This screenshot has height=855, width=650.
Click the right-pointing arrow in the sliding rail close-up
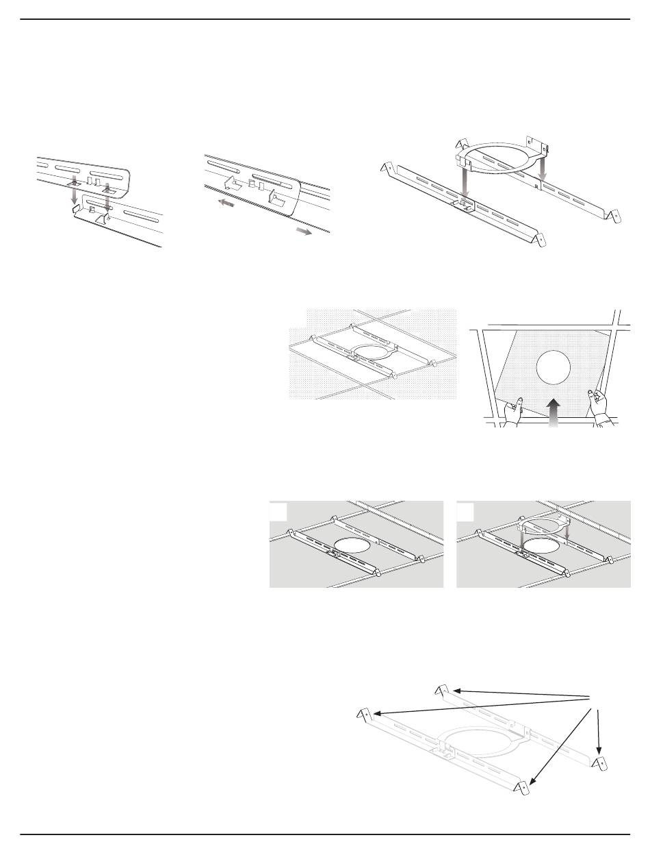pos(303,232)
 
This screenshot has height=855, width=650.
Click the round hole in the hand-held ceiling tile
pos(554,368)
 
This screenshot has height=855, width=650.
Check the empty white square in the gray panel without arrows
pos(278,512)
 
